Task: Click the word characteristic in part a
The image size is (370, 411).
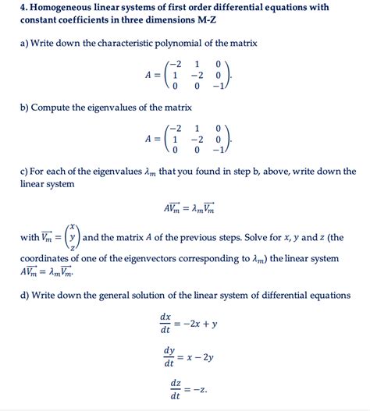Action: (x=112, y=42)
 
